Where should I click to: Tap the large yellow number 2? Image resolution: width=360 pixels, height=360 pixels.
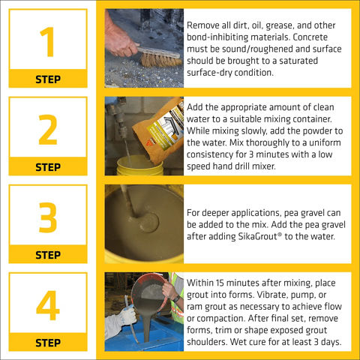pos(48,130)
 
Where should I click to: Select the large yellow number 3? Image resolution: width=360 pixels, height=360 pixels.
pos(48,217)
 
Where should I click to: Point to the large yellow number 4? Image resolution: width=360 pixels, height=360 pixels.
pos(48,305)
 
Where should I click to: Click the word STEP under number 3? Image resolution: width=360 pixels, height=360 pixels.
pos(48,255)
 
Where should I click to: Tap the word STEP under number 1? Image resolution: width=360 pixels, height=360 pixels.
pos(48,79)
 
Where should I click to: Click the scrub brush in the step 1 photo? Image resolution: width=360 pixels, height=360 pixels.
pos(160,57)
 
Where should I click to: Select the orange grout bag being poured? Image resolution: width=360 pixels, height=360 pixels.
pos(159,130)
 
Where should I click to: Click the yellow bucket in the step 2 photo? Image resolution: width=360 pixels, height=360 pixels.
pos(140,166)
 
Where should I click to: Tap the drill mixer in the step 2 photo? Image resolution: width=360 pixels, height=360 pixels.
pos(121,125)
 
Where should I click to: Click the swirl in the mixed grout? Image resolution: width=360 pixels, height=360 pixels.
pos(148,222)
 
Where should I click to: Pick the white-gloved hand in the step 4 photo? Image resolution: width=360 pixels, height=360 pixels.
pos(126,317)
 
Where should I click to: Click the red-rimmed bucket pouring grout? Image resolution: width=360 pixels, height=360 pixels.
pos(149,292)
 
